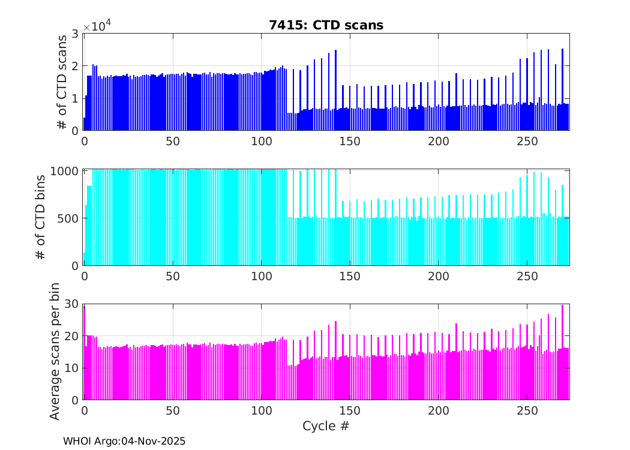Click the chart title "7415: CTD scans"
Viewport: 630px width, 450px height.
[x=326, y=25]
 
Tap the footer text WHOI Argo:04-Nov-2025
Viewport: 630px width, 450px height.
[x=124, y=441]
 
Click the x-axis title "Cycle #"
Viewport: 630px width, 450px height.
[x=326, y=426]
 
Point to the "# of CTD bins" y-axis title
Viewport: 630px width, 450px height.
[x=41, y=217]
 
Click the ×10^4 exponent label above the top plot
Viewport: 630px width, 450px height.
[x=97, y=27]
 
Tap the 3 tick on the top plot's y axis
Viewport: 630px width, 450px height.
[x=76, y=34]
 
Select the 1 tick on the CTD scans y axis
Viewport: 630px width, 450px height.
[x=76, y=98]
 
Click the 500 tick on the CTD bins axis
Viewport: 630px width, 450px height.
[x=69, y=218]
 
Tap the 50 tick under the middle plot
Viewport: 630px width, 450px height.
[x=172, y=276]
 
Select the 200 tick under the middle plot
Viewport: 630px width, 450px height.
[x=438, y=276]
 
